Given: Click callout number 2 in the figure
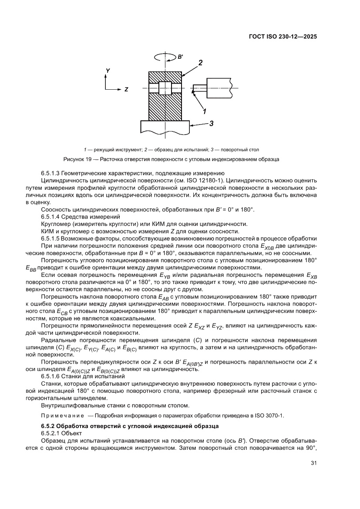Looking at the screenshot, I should coord(201,63).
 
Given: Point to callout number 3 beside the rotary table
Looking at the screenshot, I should coord(211,124).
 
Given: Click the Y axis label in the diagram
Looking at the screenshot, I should coord(108,70).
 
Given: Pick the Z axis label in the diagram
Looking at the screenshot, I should coord(126,89).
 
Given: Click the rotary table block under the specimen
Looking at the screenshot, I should coord(165,127).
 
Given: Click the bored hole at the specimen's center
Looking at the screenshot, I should coord(165,88).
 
